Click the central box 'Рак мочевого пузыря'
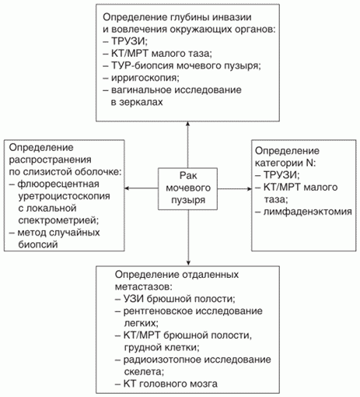[x=187, y=188]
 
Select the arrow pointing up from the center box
[x=187, y=145]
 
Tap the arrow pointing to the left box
[x=142, y=188]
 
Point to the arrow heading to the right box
[x=234, y=188]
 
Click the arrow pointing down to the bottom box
[x=188, y=237]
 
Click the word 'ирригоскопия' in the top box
[x=145, y=78]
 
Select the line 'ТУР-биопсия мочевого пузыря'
[x=186, y=65]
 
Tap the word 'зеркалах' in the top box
[x=137, y=102]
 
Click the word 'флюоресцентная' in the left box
[x=58, y=184]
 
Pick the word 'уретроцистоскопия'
[x=64, y=196]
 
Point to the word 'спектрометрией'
[x=58, y=221]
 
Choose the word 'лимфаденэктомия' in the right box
[x=308, y=212]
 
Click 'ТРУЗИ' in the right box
[x=281, y=175]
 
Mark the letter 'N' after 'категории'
[x=309, y=163]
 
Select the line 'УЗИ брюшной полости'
[x=179, y=299]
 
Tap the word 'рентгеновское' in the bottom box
[x=158, y=311]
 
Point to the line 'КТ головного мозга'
[x=170, y=384]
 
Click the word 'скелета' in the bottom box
[x=144, y=372]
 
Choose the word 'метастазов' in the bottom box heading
[x=143, y=287]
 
